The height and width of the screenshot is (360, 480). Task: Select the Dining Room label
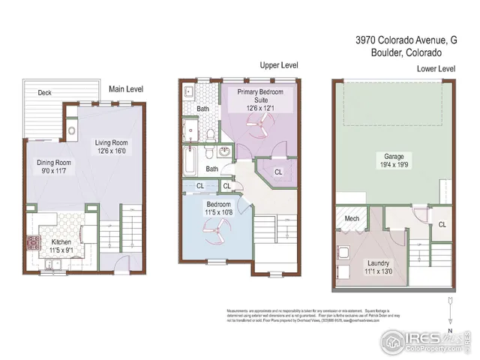pos(54,161)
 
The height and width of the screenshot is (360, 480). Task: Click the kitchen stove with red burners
pos(33,243)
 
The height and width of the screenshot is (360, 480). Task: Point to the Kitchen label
pos(61,242)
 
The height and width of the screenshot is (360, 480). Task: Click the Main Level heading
pos(125,89)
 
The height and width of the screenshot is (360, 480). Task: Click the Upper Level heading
pos(280,65)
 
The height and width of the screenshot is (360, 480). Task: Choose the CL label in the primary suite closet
pos(278,172)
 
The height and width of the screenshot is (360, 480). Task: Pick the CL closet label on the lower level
pos(442,224)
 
